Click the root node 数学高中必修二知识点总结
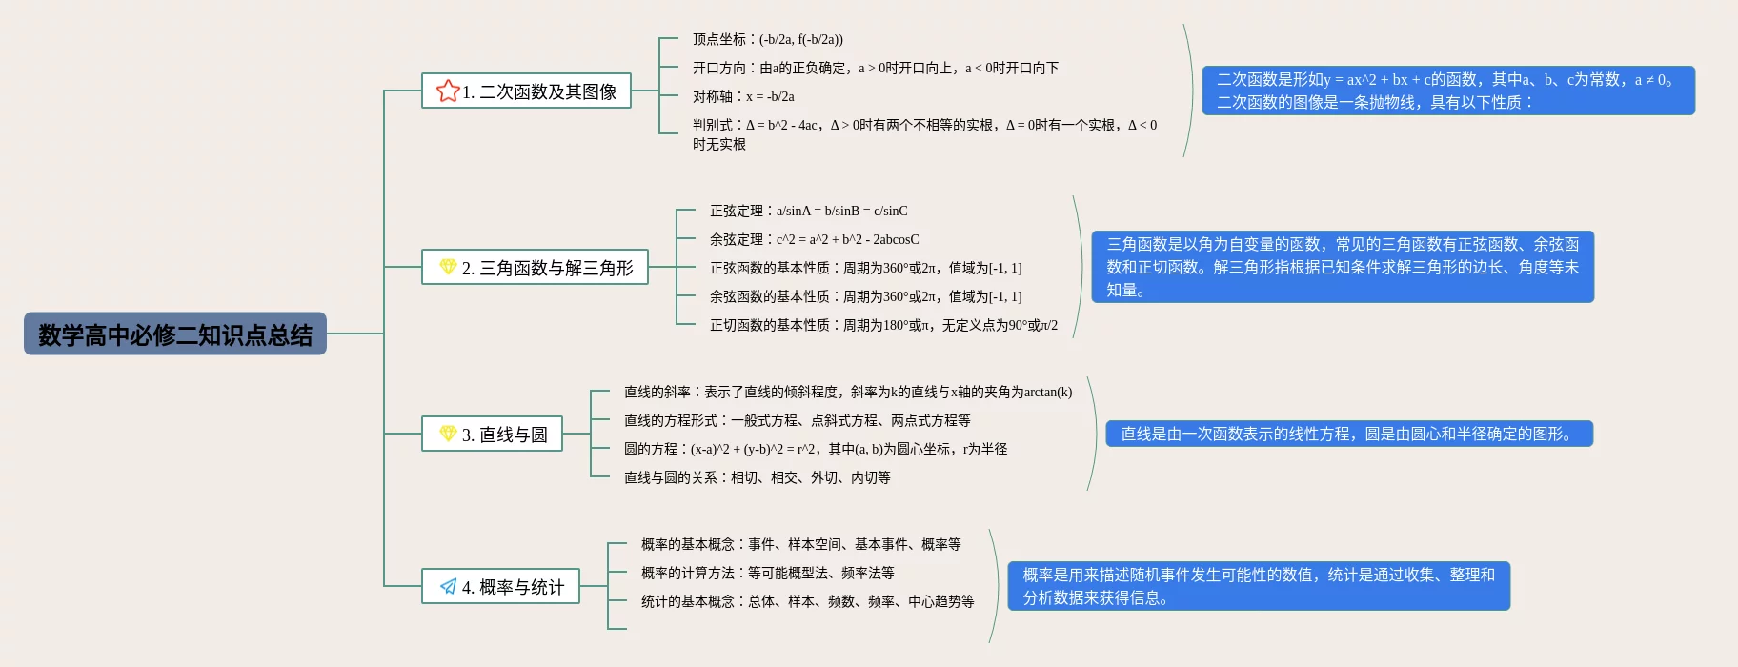[x=175, y=334]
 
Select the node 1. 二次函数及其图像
[x=526, y=91]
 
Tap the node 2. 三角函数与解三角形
[x=535, y=268]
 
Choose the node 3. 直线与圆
[x=492, y=435]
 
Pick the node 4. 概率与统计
[x=500, y=587]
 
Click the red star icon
[x=447, y=91]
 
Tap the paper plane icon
[x=448, y=586]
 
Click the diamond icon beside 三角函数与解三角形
[x=448, y=267]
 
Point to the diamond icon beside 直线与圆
[x=448, y=434]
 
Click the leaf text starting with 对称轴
[x=743, y=96]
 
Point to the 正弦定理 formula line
[x=808, y=211]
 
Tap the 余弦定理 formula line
[x=814, y=239]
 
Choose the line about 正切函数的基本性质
[x=883, y=325]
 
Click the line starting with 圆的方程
[x=815, y=449]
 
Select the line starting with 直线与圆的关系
[x=757, y=477]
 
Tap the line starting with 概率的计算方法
[x=767, y=573]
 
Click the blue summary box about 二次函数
[x=1447, y=91]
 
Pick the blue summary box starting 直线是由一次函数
[x=1348, y=434]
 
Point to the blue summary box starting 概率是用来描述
[x=1259, y=586]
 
